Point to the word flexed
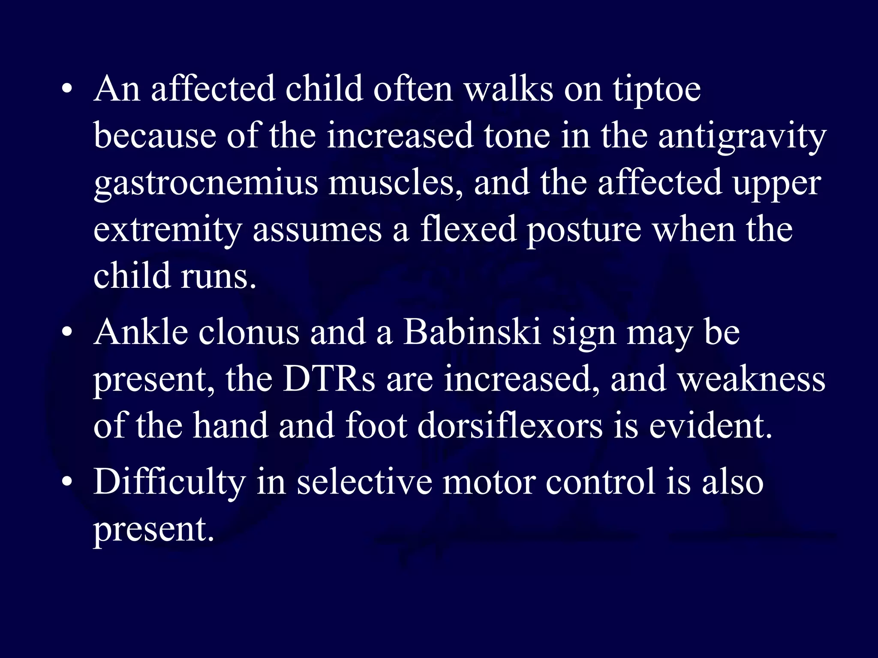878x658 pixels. pyautogui.click(x=468, y=230)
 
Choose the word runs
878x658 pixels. pyautogui.click(x=218, y=276)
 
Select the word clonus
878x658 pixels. pyautogui.click(x=249, y=333)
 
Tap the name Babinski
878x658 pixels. pyautogui.click(x=472, y=333)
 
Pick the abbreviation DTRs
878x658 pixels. pyautogui.click(x=329, y=380)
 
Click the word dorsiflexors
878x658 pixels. pyautogui.click(x=510, y=426)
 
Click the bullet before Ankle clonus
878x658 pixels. pyautogui.click(x=66, y=333)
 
